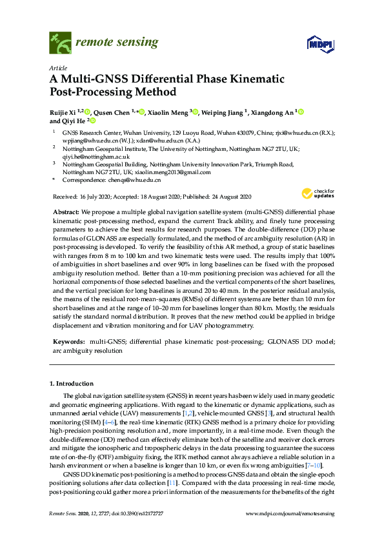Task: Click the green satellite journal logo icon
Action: click(x=60, y=43)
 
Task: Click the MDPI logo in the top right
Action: click(x=323, y=44)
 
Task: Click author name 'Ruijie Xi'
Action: click(x=66, y=112)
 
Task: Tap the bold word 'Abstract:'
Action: click(x=65, y=212)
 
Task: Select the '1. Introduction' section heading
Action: click(x=73, y=384)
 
